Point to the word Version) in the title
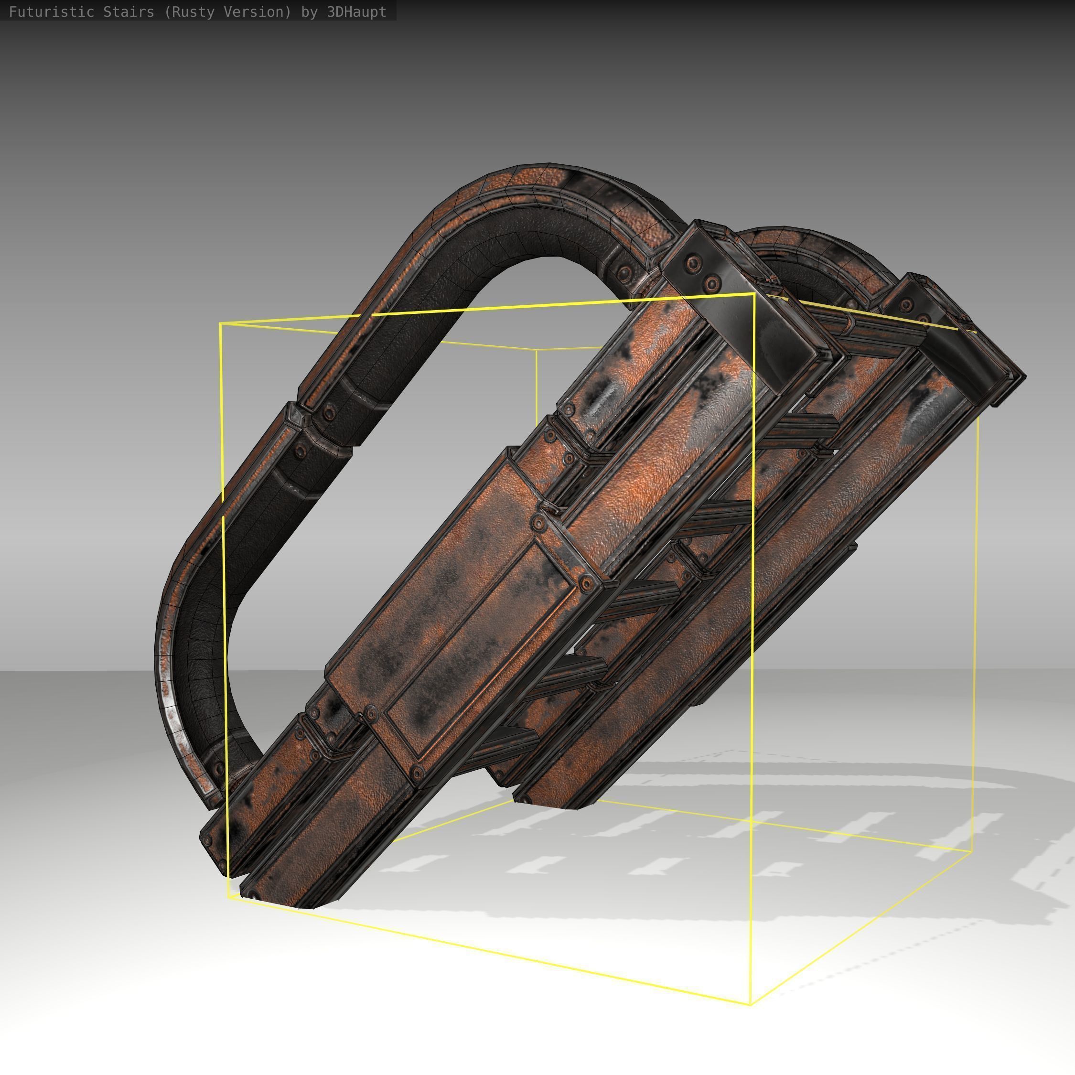[259, 11]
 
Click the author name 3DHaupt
[356, 11]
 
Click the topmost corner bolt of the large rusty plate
[538, 522]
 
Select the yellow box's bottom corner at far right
[971, 851]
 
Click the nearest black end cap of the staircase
[740, 312]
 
